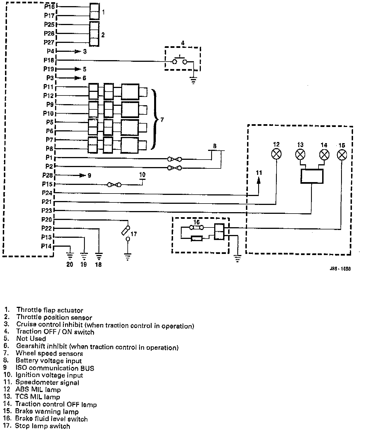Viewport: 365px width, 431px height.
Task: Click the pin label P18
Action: [49, 60]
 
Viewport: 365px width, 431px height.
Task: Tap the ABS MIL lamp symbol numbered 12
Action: [276, 154]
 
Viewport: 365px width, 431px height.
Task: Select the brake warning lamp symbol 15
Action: [342, 155]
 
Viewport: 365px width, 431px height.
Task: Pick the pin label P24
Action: [47, 193]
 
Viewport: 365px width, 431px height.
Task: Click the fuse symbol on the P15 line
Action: [114, 185]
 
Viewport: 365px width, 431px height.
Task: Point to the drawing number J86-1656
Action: [340, 269]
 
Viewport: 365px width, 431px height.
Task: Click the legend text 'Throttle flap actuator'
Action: [50, 310]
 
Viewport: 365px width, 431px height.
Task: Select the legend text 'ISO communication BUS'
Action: [55, 368]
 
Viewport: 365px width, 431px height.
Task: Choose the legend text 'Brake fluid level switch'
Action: [51, 419]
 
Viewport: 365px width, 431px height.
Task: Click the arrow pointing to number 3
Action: [77, 52]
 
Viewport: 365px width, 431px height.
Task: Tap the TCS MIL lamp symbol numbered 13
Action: [300, 154]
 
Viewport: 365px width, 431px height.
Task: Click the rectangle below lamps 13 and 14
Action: [312, 176]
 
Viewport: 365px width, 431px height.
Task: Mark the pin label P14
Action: [46, 246]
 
